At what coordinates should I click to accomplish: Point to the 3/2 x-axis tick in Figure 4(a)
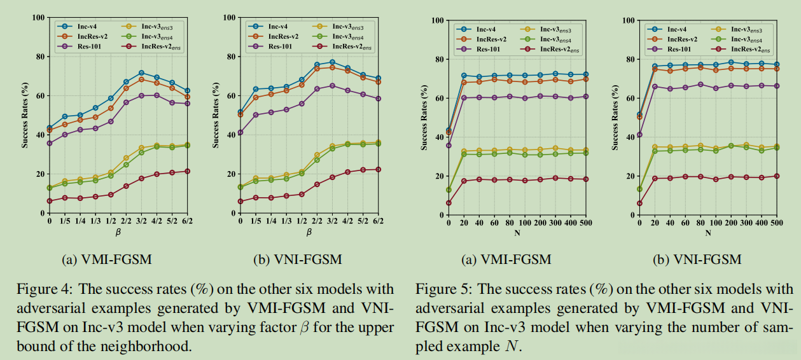[141, 221]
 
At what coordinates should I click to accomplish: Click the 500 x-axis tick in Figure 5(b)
[776, 223]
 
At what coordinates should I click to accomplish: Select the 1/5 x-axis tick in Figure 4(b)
[256, 221]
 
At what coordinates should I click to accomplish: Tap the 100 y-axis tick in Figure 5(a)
[435, 20]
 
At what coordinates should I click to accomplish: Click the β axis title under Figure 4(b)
[309, 232]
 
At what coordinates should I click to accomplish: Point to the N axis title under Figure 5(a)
[517, 233]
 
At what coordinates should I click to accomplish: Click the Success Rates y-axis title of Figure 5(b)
[616, 118]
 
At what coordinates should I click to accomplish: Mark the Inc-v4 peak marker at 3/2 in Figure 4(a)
[141, 73]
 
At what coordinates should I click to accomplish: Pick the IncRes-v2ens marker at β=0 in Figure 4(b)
[240, 202]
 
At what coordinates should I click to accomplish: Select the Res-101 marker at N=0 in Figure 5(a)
[449, 145]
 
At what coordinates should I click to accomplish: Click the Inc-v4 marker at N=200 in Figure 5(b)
[730, 62]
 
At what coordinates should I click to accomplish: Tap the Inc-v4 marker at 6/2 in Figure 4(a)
[187, 91]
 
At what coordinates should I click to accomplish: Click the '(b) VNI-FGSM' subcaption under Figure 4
[297, 260]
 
